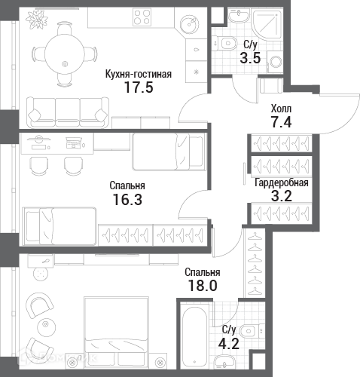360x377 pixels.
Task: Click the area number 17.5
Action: coord(139,87)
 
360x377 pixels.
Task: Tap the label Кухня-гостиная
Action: coord(139,75)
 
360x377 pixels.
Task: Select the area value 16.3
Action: coord(127,199)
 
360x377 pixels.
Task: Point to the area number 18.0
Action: coord(203,286)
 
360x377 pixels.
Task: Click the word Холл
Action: coord(281,109)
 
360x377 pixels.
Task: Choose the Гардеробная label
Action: coord(282,182)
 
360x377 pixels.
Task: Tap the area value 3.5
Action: coord(250,58)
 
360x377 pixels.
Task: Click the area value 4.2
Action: coord(228,344)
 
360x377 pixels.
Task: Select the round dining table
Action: coord(65,54)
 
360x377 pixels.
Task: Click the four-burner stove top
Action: coord(142,17)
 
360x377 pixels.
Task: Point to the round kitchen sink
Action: coord(190,24)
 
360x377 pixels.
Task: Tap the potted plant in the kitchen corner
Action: coord(37,18)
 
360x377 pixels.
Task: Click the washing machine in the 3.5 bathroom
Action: coord(275,62)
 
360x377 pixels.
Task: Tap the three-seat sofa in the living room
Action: coord(68,113)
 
